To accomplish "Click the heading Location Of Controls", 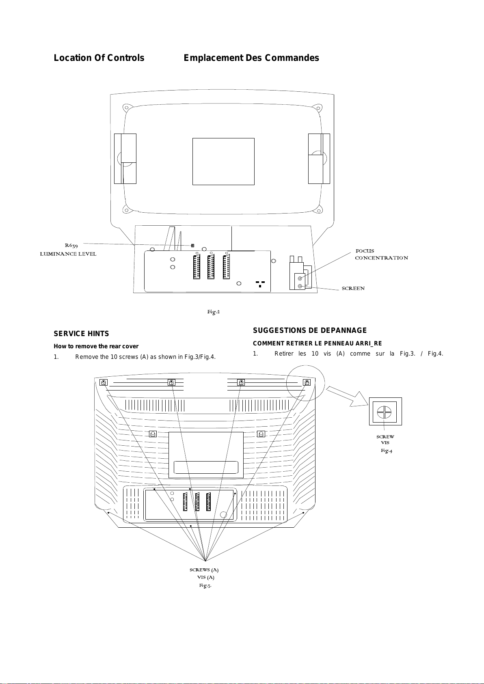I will click(x=99, y=58).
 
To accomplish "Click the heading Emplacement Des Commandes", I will click(x=251, y=58).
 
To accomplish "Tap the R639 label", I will click(x=71, y=245).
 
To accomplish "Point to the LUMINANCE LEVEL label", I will click(x=68, y=254).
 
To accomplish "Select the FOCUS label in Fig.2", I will click(x=365, y=251).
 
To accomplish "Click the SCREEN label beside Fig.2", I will click(x=353, y=288).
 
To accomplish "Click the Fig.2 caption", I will click(x=213, y=312).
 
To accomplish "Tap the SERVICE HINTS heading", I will click(x=81, y=334).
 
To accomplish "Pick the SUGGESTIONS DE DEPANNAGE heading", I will click(x=310, y=330).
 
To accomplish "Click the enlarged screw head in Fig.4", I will click(x=384, y=412).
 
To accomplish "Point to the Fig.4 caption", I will click(x=386, y=451).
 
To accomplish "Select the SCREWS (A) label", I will click(x=204, y=570).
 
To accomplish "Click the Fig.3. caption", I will click(x=205, y=585).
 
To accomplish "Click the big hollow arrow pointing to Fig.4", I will click(x=347, y=396).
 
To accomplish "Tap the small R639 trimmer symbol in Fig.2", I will click(x=192, y=246).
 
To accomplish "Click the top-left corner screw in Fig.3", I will click(x=104, y=382).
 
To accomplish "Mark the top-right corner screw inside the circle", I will click(x=307, y=382).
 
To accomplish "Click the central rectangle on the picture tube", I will click(x=223, y=161).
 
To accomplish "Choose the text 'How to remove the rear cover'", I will click(x=96, y=346).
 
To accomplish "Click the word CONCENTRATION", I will click(x=381, y=258).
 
